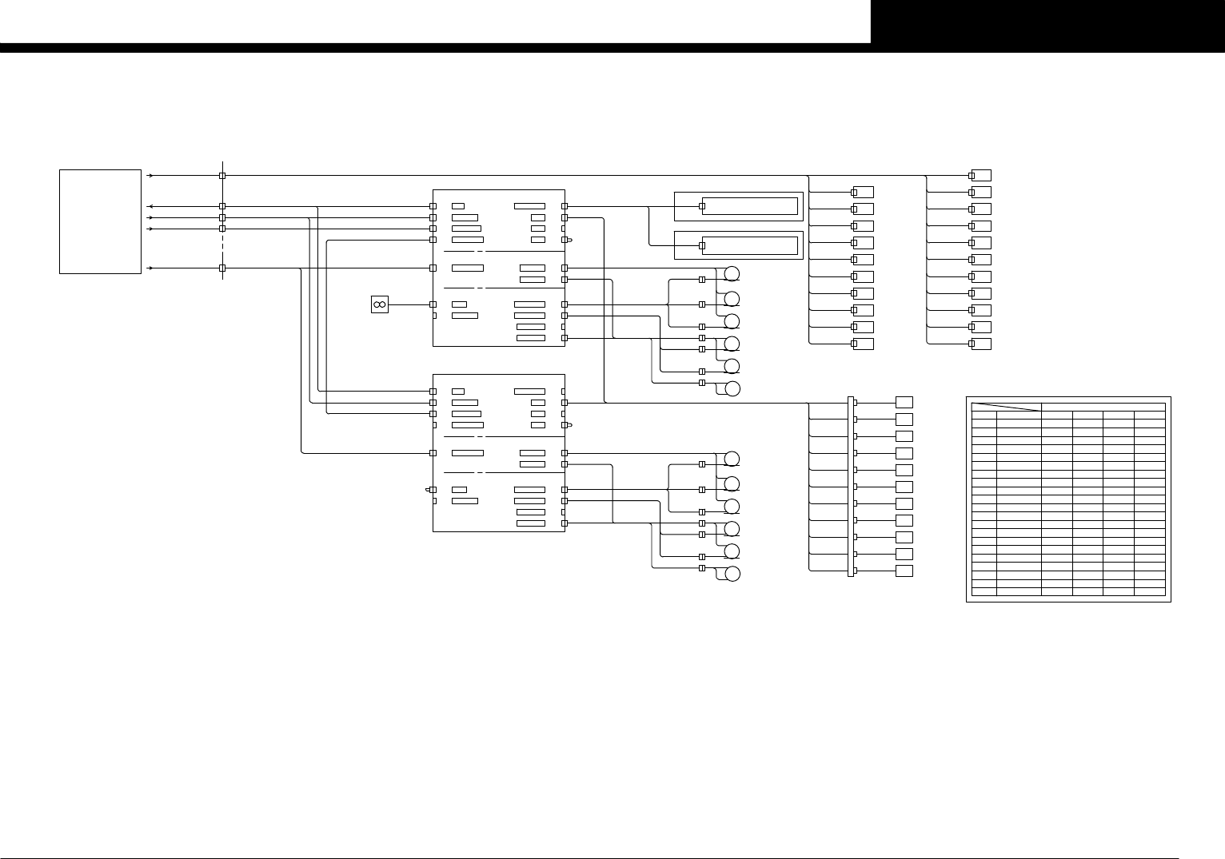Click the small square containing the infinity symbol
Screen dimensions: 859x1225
click(380, 304)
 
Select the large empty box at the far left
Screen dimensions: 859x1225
click(101, 221)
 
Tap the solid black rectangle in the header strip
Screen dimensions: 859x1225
click(1047, 22)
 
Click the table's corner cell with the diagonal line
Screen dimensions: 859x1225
click(1006, 408)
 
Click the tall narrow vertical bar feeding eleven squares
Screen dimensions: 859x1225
click(851, 486)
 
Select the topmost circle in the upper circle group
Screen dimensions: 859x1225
click(732, 275)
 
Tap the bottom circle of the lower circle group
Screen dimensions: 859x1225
click(732, 574)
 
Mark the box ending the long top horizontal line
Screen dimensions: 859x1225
click(982, 175)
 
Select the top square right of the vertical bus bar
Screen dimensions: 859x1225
click(904, 402)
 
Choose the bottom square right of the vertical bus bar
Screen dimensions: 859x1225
click(904, 571)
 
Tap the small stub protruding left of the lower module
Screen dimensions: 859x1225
click(429, 489)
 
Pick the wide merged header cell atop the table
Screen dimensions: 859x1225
click(1103, 407)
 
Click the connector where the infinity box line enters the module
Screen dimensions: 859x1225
click(433, 304)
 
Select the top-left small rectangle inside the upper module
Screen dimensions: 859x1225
click(458, 206)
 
